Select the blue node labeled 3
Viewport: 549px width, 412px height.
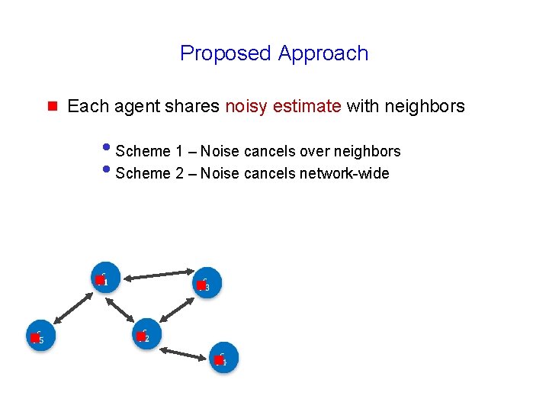click(x=205, y=284)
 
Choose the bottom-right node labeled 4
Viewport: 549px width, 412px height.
click(x=223, y=358)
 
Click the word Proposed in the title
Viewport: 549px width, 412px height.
click(x=226, y=53)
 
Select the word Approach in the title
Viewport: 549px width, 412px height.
click(x=323, y=53)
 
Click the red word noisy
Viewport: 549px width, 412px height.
click(x=246, y=106)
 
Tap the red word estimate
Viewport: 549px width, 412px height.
click(x=307, y=106)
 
